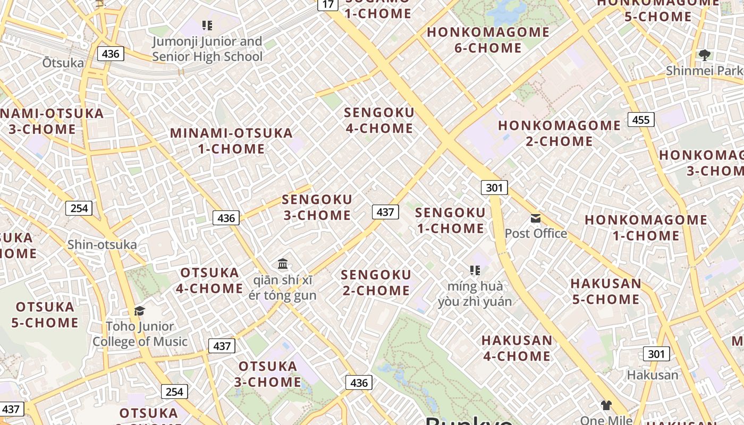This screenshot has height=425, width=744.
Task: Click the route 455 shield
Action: point(640,120)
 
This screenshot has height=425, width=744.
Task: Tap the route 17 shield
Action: point(328,5)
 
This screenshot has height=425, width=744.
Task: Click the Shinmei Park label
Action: point(704,71)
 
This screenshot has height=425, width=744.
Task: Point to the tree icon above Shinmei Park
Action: point(705,55)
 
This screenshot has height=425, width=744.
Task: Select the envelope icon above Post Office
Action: point(535,218)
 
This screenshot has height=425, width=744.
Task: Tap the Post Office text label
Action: point(536,233)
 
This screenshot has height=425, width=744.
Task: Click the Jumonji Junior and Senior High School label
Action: point(207,49)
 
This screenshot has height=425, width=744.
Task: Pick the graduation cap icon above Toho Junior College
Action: point(139,311)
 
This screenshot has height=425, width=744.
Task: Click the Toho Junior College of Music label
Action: point(140,334)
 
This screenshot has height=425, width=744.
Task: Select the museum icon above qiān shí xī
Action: point(283,263)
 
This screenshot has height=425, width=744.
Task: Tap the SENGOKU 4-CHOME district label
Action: point(379,121)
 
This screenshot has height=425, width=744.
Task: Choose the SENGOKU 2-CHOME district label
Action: point(376,283)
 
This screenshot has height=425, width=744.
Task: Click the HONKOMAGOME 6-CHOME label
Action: point(488,40)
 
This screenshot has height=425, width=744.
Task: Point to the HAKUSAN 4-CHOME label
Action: point(517,348)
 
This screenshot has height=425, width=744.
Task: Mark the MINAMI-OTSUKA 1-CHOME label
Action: point(231,141)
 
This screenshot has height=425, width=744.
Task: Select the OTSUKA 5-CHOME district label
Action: point(45,314)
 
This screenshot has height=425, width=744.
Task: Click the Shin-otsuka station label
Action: point(102,245)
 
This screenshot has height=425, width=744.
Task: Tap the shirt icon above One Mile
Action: point(606,405)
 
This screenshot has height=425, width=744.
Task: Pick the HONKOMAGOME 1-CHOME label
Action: point(646,227)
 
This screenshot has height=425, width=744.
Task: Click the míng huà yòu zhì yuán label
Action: point(475,294)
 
